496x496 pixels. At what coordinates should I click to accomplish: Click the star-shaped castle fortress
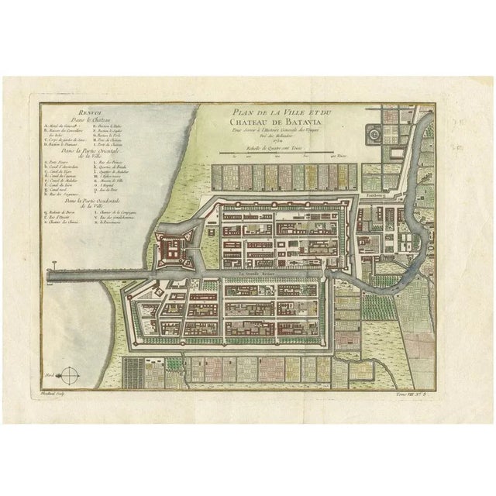pos(172,249)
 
